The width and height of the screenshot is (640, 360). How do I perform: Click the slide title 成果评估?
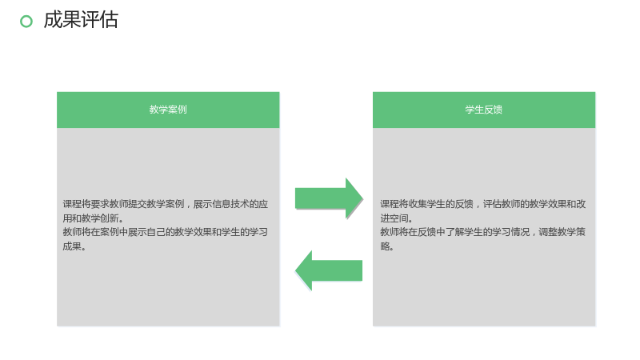pyautogui.click(x=81, y=20)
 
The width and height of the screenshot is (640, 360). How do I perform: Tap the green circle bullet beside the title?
pyautogui.click(x=26, y=22)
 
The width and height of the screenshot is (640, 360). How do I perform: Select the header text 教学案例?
pyautogui.click(x=168, y=110)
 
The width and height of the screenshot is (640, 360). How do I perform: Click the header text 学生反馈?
pyautogui.click(x=484, y=110)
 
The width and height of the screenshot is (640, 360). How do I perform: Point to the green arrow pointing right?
pyautogui.click(x=329, y=198)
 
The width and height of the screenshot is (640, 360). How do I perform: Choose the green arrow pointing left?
pyautogui.click(x=329, y=270)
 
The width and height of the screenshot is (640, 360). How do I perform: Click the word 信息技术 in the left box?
pyautogui.click(x=221, y=204)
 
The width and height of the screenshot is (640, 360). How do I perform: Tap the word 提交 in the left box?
pyautogui.click(x=128, y=204)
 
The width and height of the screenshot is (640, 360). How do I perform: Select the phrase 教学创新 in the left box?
pyautogui.click(x=99, y=218)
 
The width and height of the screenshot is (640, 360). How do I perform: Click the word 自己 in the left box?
pyautogui.click(x=156, y=232)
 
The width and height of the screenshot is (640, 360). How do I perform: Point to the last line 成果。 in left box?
pyautogui.click(x=74, y=246)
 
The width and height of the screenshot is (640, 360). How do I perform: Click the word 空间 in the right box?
pyautogui.click(x=398, y=218)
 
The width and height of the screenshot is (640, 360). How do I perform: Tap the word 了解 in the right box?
pyautogui.click(x=454, y=232)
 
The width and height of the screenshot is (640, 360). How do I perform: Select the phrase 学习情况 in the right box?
pyautogui.click(x=510, y=232)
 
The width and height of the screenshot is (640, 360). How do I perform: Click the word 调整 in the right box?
pyautogui.click(x=548, y=232)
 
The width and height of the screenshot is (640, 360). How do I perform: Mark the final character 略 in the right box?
pyautogui.click(x=385, y=246)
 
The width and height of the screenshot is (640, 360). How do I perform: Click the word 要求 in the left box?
pyautogui.click(x=90, y=204)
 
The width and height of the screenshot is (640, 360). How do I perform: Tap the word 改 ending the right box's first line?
pyautogui.click(x=581, y=204)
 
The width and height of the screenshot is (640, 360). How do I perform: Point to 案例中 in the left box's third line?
pyautogui.click(x=114, y=232)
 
